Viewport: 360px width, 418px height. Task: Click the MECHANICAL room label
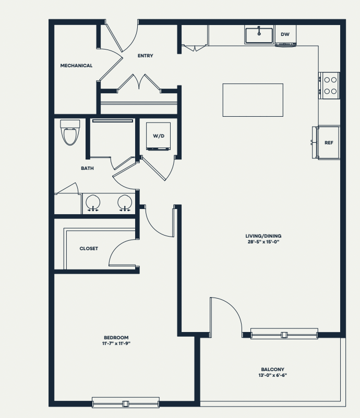coord(76,66)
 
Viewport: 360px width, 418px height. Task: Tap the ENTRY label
coord(146,56)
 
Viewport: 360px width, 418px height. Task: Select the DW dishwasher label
coord(285,34)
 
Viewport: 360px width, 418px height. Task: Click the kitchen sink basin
coord(259,35)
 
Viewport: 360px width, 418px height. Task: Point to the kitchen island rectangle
coord(253,100)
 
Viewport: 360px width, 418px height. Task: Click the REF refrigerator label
coord(329,143)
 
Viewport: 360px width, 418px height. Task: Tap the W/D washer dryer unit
coord(158,136)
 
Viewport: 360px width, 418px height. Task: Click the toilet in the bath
coord(70,132)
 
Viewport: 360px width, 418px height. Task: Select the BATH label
coord(87,168)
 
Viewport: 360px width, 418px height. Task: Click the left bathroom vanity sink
coord(93,202)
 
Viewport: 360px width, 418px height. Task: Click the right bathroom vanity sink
coord(125,202)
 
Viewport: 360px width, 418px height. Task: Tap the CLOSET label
coord(89,249)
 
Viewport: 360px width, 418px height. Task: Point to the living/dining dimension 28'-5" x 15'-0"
coord(263,242)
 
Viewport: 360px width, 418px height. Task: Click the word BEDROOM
coord(116,338)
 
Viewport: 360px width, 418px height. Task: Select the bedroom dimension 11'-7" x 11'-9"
coord(116,343)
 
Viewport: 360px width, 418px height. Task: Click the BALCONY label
coord(272,370)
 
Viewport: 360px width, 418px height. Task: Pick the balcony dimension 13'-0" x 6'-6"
coord(272,375)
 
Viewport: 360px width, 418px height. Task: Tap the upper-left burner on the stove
coord(327,80)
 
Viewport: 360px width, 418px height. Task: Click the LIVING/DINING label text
coord(263,236)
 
